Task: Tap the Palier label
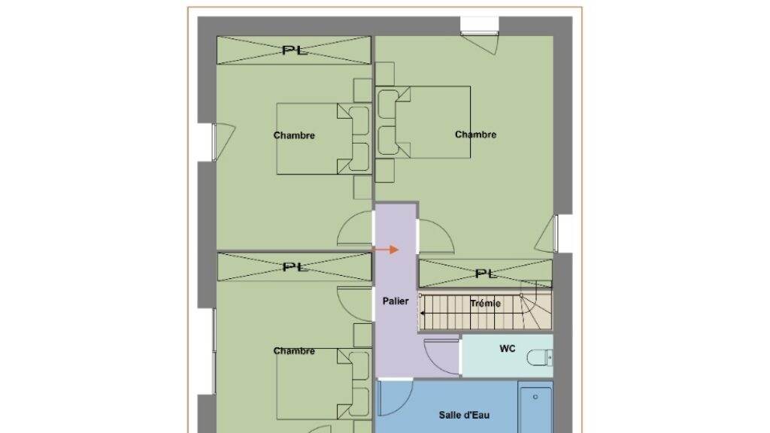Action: [396, 301]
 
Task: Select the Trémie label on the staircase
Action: [485, 304]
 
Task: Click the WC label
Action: [508, 349]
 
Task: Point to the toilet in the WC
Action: [540, 357]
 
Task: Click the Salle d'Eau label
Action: [464, 415]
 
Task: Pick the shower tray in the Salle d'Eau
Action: [535, 408]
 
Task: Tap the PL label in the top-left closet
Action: [295, 50]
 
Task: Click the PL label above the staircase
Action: [487, 274]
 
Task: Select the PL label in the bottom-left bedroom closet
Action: [295, 267]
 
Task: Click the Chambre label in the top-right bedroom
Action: [475, 135]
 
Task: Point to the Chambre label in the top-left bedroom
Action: [294, 135]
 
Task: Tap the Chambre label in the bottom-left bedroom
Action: [294, 351]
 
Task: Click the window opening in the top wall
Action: [480, 26]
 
